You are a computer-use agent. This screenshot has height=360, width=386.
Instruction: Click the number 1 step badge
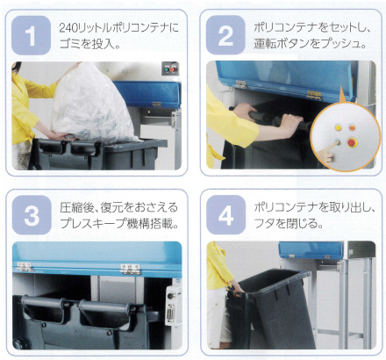[x=31, y=37]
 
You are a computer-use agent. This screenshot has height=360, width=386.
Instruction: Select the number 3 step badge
[x=31, y=216]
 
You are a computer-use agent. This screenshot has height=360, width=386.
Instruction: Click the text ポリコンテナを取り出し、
[x=313, y=207]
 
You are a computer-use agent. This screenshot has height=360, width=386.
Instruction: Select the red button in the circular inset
[x=353, y=140]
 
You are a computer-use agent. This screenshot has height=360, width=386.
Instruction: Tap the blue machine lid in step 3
[x=96, y=255]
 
